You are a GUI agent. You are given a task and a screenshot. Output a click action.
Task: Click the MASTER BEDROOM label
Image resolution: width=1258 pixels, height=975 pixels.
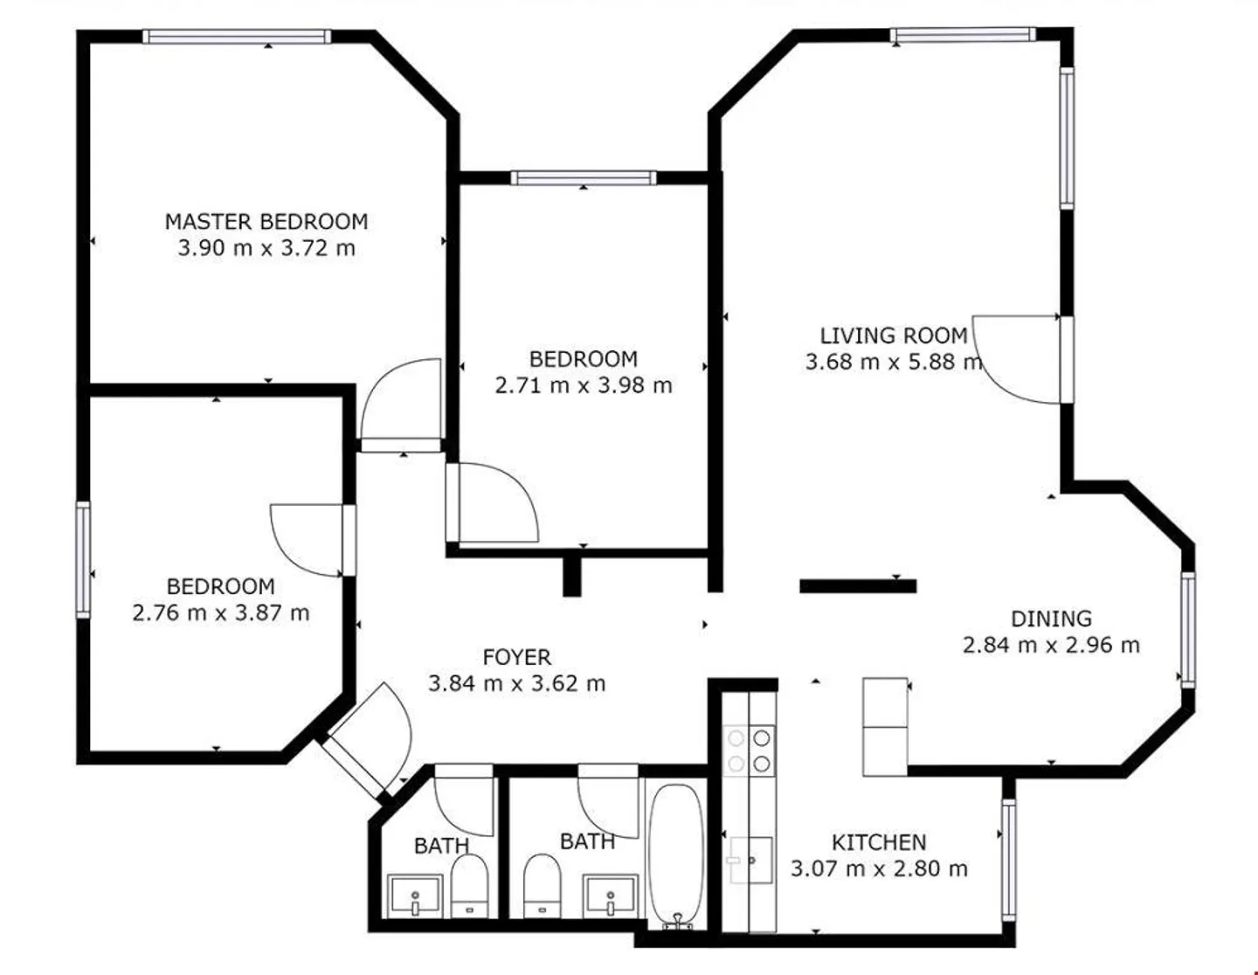tap(266, 222)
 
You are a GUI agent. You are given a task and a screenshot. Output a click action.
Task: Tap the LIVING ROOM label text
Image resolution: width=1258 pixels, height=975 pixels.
tap(894, 335)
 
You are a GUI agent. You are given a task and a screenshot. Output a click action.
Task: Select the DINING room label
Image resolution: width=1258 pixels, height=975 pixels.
tap(1051, 619)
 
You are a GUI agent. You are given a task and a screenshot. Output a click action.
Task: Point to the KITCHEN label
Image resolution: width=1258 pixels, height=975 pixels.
tap(879, 842)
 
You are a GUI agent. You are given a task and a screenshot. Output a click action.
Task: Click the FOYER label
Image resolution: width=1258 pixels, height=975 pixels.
tap(517, 657)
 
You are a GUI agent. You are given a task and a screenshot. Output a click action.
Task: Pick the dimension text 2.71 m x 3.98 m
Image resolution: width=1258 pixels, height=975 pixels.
tap(584, 385)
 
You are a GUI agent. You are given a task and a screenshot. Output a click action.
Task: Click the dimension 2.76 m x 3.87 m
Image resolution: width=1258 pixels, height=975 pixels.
tap(221, 613)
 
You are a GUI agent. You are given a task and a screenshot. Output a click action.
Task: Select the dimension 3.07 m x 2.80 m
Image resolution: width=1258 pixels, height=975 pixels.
tap(879, 869)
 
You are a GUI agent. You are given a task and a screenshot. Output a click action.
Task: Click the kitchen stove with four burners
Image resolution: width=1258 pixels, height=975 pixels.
tap(750, 751)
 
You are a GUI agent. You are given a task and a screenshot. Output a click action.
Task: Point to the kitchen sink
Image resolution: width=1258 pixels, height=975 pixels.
tap(750, 860)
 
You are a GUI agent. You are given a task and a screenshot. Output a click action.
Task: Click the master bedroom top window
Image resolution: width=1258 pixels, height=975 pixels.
tap(237, 37)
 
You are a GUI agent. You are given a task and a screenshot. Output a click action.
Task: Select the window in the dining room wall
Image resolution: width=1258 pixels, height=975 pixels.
tap(1187, 630)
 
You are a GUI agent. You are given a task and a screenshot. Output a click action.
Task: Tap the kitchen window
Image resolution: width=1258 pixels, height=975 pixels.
tap(1008, 860)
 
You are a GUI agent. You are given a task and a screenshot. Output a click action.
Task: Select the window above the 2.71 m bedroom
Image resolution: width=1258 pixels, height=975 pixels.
tap(584, 177)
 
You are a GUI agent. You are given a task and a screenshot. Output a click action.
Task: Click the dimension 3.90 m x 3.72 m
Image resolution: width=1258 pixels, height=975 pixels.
tap(266, 248)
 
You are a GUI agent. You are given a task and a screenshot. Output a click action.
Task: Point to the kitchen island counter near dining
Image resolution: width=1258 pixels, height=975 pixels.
tap(885, 727)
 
